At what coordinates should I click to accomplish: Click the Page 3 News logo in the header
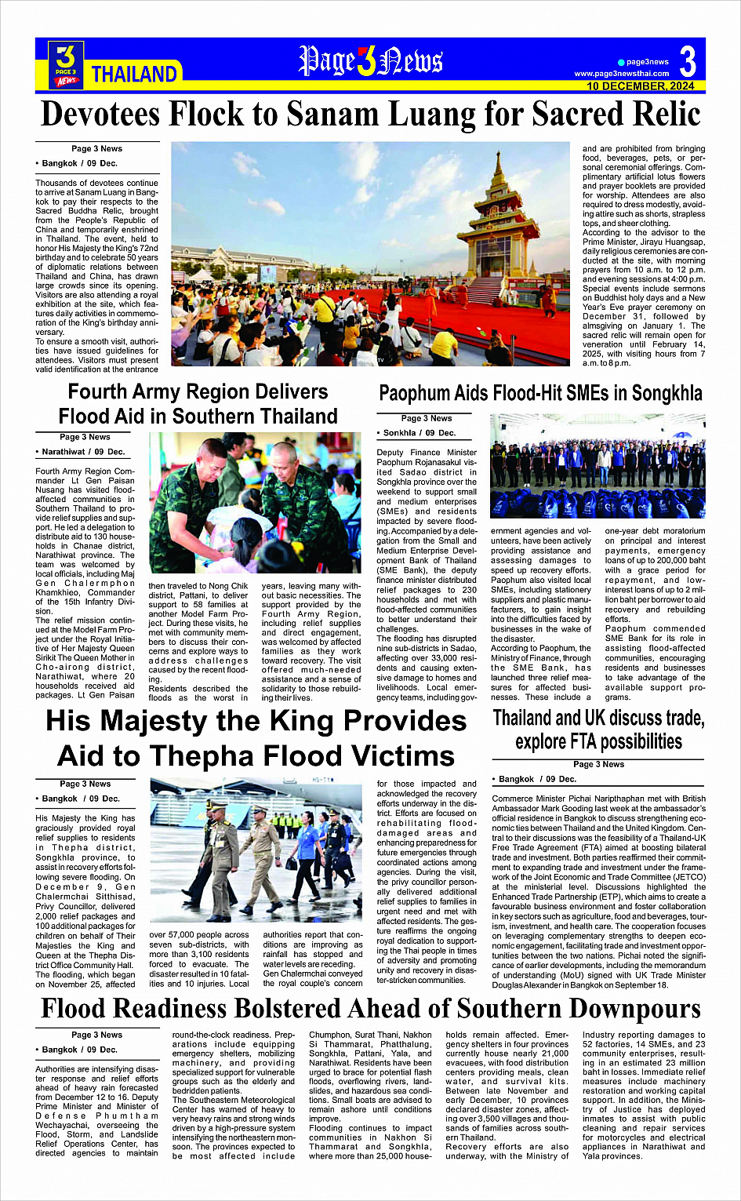point(67,64)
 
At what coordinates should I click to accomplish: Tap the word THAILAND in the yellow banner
point(134,75)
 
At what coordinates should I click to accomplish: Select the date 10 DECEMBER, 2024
point(640,86)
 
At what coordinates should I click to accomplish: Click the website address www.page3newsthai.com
point(621,74)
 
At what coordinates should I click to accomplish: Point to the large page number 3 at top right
point(688,61)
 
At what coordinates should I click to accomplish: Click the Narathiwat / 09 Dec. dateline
point(81,452)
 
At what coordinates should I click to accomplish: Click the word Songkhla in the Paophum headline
point(667,393)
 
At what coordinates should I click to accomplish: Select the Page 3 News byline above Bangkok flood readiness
point(96,1035)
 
